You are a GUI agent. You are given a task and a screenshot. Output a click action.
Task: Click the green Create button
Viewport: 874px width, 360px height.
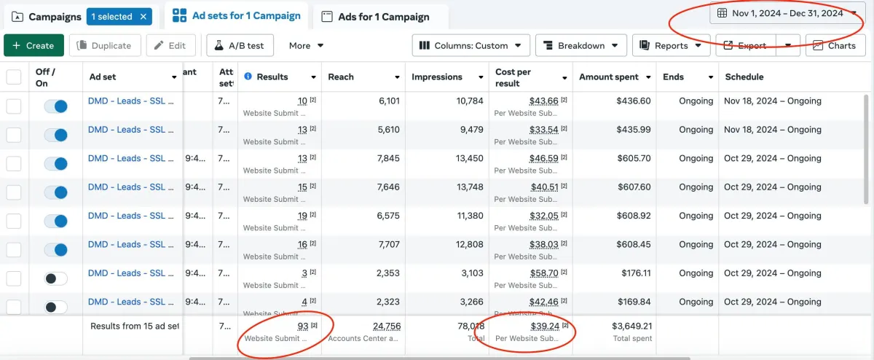click(34, 45)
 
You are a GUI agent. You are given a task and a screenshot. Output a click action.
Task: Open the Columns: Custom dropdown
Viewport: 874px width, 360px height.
click(471, 45)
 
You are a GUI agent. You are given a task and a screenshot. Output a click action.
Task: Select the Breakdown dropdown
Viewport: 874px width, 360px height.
click(581, 45)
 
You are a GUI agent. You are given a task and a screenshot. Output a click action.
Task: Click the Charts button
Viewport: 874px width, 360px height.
click(835, 45)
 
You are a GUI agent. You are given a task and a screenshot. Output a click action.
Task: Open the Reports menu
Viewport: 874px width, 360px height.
click(671, 45)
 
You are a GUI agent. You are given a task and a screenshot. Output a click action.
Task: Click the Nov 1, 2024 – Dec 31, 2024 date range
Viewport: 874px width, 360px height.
click(787, 13)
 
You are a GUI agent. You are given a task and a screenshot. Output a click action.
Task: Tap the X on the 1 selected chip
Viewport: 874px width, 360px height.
click(143, 16)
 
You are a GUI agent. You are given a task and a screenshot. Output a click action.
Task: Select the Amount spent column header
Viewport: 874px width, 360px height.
click(609, 77)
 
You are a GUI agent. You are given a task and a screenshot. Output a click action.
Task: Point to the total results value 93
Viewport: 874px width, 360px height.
click(303, 326)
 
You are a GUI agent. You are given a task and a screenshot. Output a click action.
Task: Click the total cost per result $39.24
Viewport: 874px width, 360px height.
click(544, 326)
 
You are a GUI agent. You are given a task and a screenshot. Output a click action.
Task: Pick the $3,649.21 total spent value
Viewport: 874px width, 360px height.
click(632, 326)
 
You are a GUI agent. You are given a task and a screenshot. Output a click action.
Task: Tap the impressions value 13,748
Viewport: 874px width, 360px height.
click(468, 187)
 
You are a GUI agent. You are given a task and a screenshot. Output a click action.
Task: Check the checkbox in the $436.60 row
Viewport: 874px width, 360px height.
click(14, 106)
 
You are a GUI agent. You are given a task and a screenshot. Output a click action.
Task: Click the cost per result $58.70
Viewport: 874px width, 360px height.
click(544, 273)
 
